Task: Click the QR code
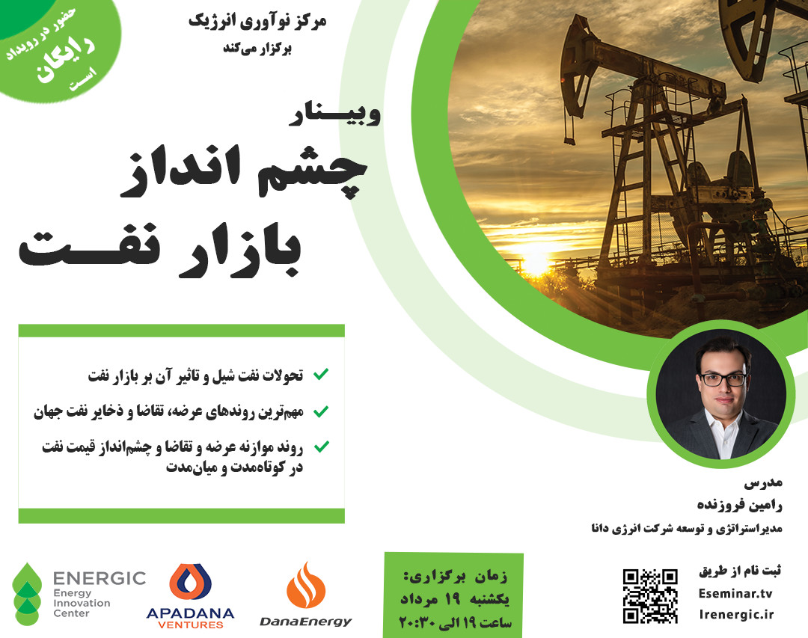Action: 650,596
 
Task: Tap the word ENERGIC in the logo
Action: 99,578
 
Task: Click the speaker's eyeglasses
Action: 723,379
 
